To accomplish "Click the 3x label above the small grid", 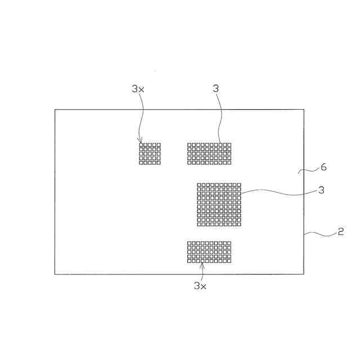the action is pyautogui.click(x=138, y=88).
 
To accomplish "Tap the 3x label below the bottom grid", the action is pyautogui.click(x=201, y=286).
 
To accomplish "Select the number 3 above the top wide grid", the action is pyautogui.click(x=216, y=88).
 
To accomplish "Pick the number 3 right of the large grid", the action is pyautogui.click(x=321, y=190).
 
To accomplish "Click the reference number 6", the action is pyautogui.click(x=323, y=167).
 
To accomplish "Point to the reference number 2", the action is pyautogui.click(x=340, y=231).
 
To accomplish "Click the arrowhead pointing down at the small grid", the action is pyautogui.click(x=141, y=141).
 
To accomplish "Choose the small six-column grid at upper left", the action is pyautogui.click(x=150, y=154).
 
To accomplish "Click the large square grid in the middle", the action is pyautogui.click(x=219, y=204).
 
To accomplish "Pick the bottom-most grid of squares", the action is pyautogui.click(x=209, y=251).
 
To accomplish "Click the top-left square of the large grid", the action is pyautogui.click(x=200, y=185).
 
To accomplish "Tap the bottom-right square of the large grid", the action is pyautogui.click(x=238, y=224).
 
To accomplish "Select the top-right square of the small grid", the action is pyautogui.click(x=159, y=145).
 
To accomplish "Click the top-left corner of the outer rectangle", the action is pyautogui.click(x=55, y=110).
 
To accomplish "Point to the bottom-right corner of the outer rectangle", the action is pyautogui.click(x=304, y=274).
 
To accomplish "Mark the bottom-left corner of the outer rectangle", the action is pyautogui.click(x=55, y=274).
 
